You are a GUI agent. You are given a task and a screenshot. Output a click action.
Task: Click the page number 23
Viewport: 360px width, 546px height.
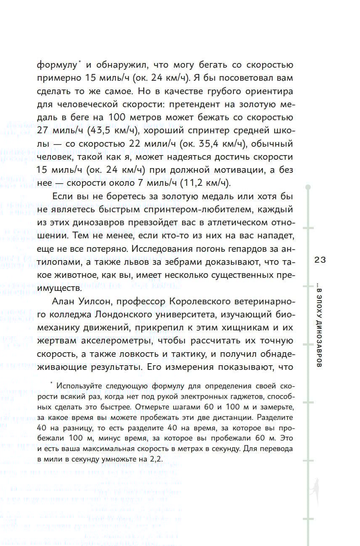click(320, 260)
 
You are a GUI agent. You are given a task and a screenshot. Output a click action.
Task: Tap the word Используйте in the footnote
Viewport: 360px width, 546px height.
click(77, 386)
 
